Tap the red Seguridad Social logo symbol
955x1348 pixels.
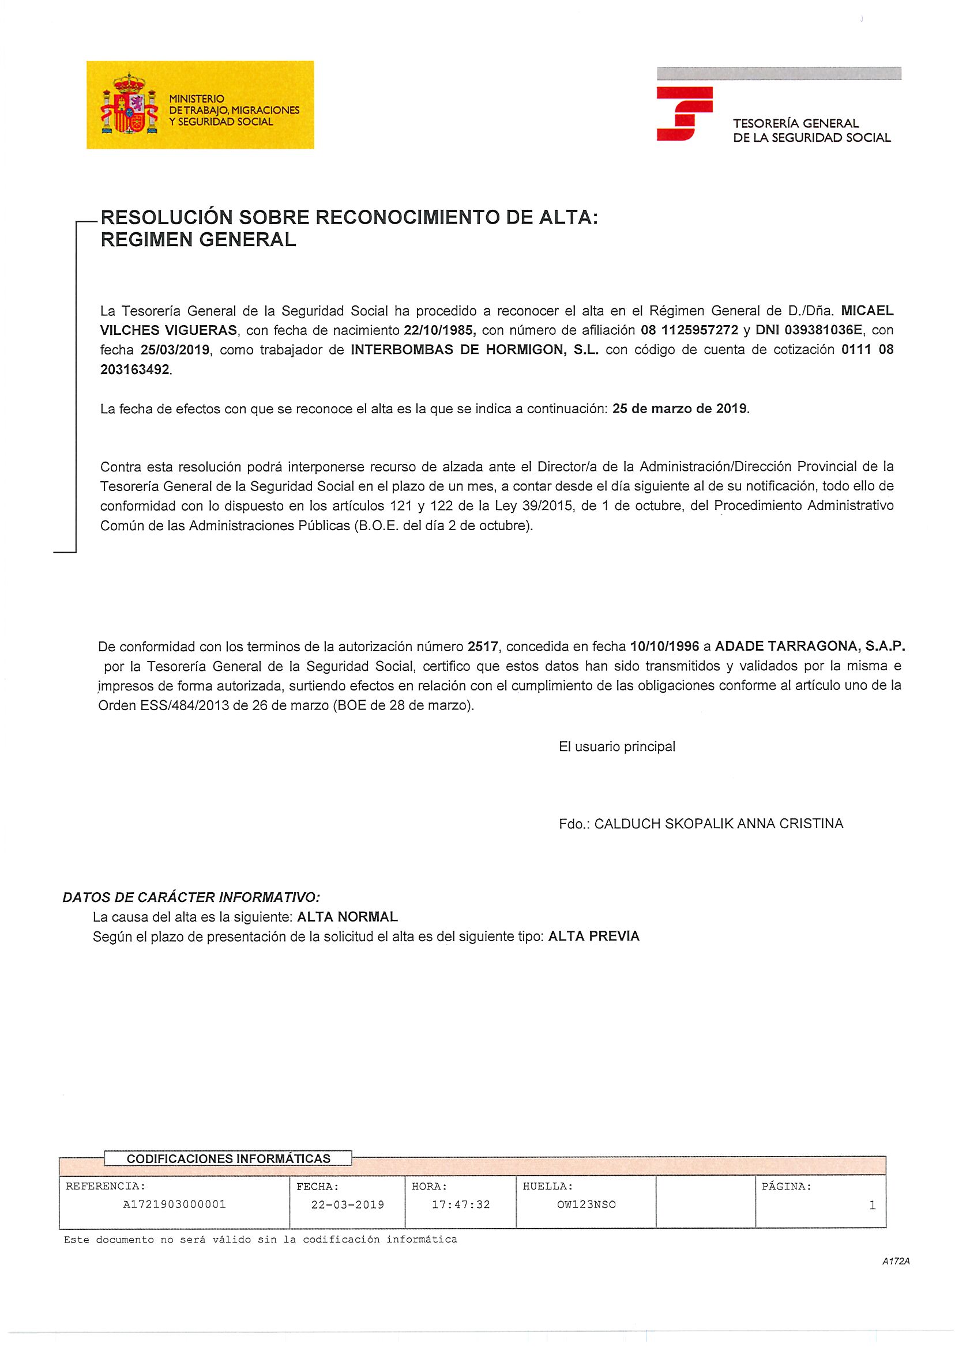tap(684, 114)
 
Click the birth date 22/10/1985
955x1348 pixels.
tap(439, 330)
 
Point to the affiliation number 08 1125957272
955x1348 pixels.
tap(689, 330)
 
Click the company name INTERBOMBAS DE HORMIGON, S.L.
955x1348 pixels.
tap(474, 350)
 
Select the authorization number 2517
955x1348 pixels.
tap(483, 647)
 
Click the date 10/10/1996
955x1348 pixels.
tap(664, 647)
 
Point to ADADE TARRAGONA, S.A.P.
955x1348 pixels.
tap(810, 647)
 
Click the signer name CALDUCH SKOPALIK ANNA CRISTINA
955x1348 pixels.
tap(719, 824)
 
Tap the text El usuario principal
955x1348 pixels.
tap(617, 746)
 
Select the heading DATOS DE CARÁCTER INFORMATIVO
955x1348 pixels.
tap(191, 897)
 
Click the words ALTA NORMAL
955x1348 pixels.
tap(348, 917)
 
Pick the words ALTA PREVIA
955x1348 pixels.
tap(593, 936)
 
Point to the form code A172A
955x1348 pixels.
tap(896, 1261)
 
